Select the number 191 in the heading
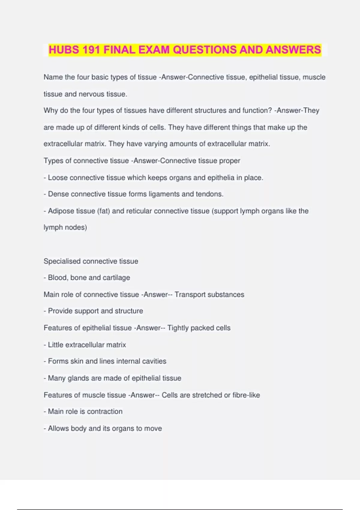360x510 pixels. tap(92, 50)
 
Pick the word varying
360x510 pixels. tap(156, 144)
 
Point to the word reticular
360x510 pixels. tap(139, 211)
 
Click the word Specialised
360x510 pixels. tap(62, 261)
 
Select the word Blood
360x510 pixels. tap(57, 278)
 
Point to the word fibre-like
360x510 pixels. tap(246, 395)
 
